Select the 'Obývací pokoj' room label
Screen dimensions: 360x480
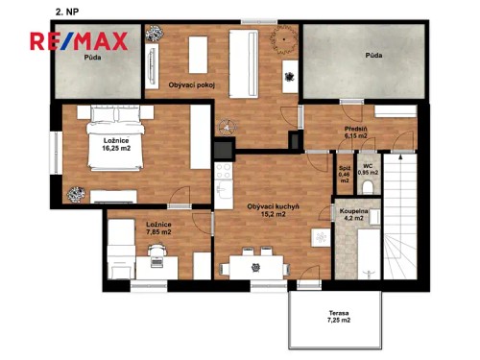click(x=191, y=85)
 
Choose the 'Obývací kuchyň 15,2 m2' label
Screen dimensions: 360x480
click(x=275, y=210)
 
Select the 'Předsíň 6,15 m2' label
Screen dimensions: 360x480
click(x=357, y=132)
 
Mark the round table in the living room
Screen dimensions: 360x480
click(x=283, y=39)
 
